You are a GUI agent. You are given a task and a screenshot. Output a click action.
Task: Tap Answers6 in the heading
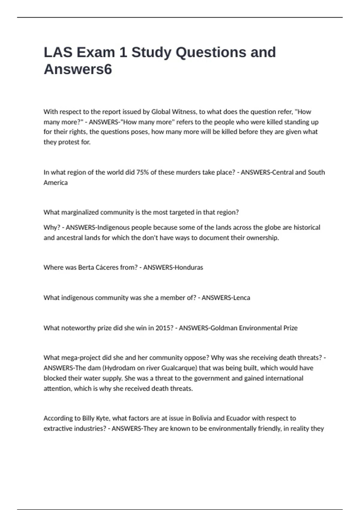coord(78,69)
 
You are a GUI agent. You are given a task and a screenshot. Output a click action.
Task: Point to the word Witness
coord(182,112)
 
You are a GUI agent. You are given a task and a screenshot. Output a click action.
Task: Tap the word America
coord(55,182)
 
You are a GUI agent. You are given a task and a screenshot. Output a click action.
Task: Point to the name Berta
coord(86,267)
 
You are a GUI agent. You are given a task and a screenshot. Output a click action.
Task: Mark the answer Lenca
coord(241,298)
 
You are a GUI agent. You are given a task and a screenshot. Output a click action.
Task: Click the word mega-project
coord(80,358)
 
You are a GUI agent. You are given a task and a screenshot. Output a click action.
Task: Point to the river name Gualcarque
coord(179,368)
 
